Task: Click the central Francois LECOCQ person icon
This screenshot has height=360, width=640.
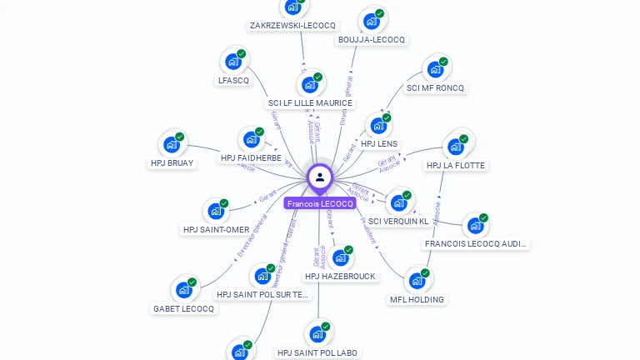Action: point(320,177)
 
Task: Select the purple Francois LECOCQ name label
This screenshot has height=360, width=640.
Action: point(320,203)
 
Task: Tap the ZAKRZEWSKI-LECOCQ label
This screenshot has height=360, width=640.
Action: point(292,26)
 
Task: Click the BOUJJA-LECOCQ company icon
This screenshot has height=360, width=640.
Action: point(371,21)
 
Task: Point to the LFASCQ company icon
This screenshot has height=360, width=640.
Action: point(232,62)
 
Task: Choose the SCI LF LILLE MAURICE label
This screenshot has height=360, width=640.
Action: point(310,103)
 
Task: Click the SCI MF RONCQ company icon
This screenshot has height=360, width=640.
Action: point(435,69)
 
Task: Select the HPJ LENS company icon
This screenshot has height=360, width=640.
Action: point(378,126)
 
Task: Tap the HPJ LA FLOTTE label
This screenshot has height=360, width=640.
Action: point(455,165)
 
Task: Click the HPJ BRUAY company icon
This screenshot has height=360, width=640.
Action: point(172,144)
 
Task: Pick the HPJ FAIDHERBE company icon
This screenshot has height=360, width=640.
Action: point(250,139)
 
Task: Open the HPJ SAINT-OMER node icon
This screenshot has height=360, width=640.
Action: point(216,211)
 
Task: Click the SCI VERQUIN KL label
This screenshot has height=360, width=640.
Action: point(398,221)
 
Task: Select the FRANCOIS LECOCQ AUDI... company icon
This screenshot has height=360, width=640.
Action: point(474,226)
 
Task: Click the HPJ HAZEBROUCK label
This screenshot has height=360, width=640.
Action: point(340,276)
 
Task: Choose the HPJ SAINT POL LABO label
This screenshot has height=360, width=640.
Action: point(317,352)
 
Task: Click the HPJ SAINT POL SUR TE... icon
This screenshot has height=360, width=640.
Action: point(263,276)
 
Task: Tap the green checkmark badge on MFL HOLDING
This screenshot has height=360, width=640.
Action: point(425,273)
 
